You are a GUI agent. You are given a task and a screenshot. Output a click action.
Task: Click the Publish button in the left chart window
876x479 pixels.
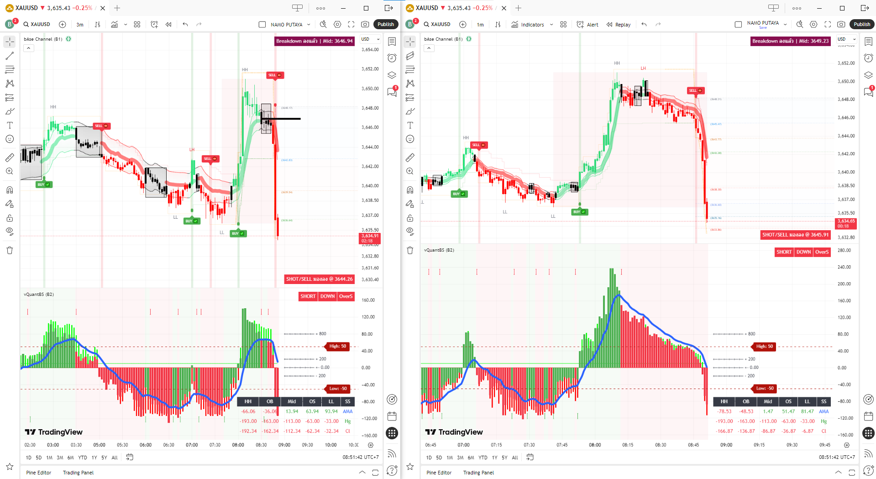pos(386,24)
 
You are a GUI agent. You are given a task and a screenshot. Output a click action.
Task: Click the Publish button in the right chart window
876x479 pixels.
pos(862,24)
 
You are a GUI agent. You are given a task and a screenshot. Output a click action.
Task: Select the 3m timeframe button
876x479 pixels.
pos(80,25)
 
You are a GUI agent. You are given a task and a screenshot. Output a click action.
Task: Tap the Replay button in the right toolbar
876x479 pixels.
pos(619,25)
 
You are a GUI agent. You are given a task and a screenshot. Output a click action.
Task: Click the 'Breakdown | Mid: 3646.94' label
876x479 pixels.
pos(314,41)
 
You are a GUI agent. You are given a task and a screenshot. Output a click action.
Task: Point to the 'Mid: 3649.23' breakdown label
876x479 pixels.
pos(790,41)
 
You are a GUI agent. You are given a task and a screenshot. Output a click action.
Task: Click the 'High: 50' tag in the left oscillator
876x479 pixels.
pos(337,346)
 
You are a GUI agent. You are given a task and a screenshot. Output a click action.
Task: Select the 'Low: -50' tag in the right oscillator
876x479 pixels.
pos(765,389)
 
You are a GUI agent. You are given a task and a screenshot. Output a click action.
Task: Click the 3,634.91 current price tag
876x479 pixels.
pos(369,238)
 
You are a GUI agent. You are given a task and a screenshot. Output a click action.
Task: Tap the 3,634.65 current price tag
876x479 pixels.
pos(845,223)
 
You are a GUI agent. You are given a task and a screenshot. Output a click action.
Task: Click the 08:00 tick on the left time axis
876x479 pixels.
pos(238,445)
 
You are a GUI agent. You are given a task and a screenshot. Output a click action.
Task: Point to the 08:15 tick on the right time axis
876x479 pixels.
pos(628,445)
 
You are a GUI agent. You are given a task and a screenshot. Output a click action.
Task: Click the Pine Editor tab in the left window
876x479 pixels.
pos(38,473)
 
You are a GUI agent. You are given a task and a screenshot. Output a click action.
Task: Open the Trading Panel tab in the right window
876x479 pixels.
pos(478,473)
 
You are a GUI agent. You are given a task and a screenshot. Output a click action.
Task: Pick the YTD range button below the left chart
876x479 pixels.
pos(82,458)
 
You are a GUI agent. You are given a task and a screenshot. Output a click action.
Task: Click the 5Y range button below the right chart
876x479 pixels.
pos(504,458)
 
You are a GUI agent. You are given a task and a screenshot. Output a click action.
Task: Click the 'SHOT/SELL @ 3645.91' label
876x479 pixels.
pos(795,235)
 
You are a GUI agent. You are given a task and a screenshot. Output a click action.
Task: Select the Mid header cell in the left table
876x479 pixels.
pos(292,401)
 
